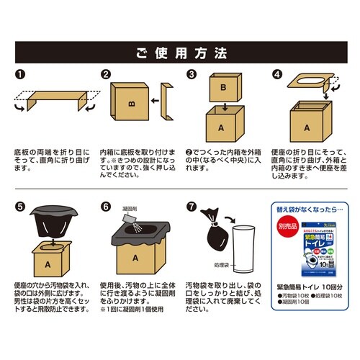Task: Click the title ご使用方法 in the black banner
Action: (180, 53)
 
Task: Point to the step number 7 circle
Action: (192, 205)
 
